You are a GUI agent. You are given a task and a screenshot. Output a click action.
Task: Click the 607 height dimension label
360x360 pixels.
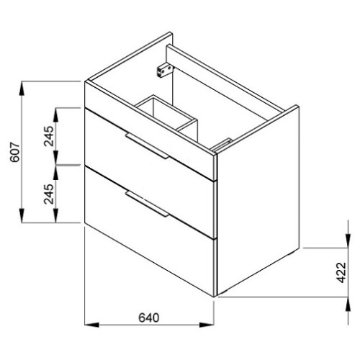(x=15, y=152)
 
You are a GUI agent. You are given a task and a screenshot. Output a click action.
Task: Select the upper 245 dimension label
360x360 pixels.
(x=49, y=136)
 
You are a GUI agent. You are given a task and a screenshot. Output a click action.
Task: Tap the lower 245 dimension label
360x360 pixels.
(x=49, y=194)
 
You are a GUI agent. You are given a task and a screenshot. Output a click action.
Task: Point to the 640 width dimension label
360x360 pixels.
(x=149, y=318)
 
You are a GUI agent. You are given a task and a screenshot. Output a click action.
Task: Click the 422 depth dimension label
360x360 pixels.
(x=341, y=273)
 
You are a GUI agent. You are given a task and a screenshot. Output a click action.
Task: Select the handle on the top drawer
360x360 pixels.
(x=147, y=145)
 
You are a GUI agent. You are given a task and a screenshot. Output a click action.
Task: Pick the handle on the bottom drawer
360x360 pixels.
(x=147, y=204)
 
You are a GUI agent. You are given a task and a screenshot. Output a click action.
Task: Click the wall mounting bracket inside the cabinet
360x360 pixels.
(x=164, y=70)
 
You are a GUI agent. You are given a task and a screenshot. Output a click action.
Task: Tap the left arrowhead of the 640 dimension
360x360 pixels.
(x=91, y=325)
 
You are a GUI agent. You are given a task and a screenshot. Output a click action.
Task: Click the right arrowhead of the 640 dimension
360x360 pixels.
(x=207, y=325)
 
